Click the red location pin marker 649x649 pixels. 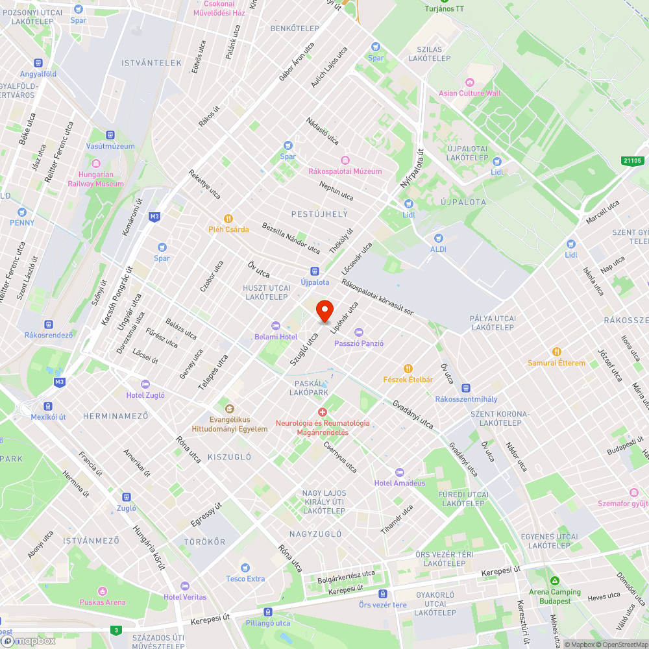[x=324, y=311]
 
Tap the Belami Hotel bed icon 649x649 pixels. [x=275, y=326]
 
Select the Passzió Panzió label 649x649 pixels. [x=359, y=343]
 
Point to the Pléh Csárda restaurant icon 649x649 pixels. [x=228, y=219]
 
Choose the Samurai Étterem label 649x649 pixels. [x=556, y=363]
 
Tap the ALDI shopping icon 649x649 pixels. [x=438, y=238]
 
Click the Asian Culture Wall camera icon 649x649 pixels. [x=469, y=82]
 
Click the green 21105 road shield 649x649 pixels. [x=631, y=160]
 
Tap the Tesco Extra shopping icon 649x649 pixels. [x=245, y=567]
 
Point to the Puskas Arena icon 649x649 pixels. [x=102, y=591]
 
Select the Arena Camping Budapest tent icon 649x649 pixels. [x=554, y=581]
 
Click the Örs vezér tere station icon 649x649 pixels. [x=383, y=593]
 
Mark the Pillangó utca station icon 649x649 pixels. [x=267, y=611]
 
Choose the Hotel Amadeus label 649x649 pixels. [x=400, y=483]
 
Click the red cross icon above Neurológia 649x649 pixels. [x=322, y=412]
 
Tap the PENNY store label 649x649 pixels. [x=22, y=223]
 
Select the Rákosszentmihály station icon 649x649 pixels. [x=467, y=388]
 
